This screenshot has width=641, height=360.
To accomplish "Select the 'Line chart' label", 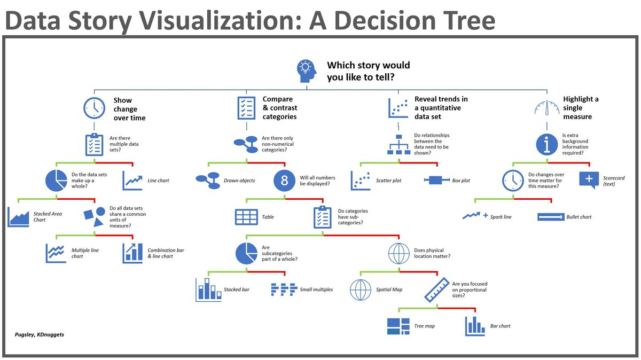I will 158,181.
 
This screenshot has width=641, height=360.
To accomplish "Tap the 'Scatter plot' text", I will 388,181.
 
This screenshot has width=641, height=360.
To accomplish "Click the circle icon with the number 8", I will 284,181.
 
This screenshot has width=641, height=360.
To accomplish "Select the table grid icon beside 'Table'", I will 246,217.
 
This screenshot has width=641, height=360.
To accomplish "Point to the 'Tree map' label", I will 425,326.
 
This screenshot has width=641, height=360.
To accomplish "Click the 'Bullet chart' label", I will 579,217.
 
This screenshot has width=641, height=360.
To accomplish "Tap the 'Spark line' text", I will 501,217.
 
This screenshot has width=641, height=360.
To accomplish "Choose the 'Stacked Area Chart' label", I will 48,217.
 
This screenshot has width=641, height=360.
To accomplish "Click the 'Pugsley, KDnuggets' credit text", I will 39,334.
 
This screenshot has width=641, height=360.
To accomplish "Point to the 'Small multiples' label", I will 316,289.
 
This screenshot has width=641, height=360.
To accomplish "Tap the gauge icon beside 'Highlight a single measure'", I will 547,107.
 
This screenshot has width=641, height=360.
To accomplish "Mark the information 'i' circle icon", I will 546,144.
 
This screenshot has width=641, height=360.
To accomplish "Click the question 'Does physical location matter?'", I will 432,253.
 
